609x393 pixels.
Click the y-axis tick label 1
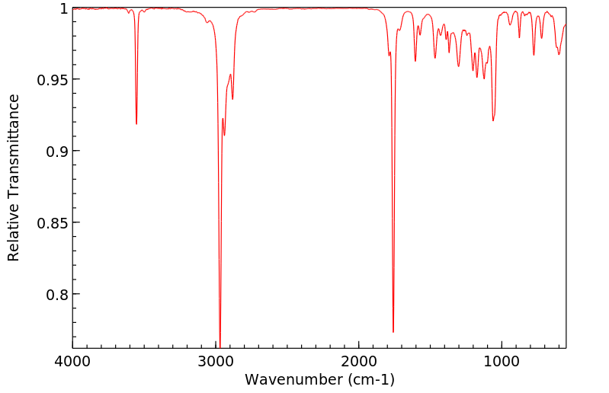coord(63,8)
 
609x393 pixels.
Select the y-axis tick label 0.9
coord(58,152)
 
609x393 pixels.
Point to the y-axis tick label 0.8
coord(58,295)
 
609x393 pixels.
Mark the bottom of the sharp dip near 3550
coord(136,123)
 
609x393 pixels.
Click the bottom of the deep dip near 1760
coord(393,331)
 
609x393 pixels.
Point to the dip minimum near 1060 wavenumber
coord(493,120)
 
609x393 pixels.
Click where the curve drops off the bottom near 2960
coord(220,347)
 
